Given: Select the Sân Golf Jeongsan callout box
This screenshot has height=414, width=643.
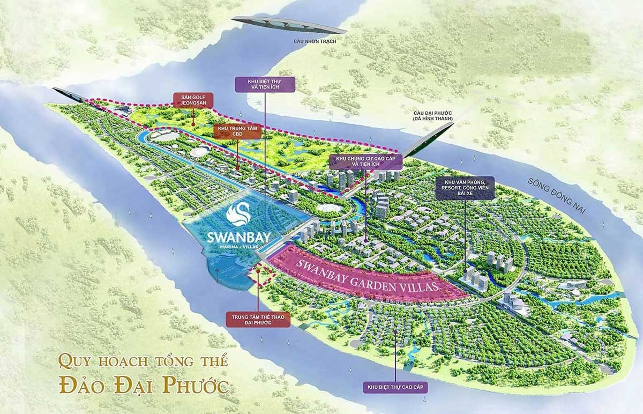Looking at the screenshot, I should tap(193, 99).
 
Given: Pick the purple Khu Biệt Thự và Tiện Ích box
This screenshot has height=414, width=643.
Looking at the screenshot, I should tap(265, 85).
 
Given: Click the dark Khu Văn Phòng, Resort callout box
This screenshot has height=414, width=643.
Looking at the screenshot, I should tap(465, 188).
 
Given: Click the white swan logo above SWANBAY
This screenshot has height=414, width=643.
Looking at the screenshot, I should tap(238, 214).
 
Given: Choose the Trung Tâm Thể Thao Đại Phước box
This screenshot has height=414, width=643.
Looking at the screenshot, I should tap(258, 320).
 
